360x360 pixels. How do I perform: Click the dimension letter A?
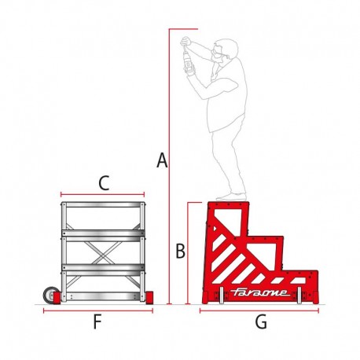162,160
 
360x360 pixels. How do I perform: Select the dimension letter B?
180,251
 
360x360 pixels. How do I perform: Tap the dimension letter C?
104,183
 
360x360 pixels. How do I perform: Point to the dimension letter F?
97,321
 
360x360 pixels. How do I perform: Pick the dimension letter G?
261,321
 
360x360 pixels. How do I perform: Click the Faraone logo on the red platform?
260,292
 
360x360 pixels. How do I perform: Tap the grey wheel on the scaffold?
50,295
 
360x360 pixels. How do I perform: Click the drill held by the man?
188,60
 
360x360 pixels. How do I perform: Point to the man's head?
225,51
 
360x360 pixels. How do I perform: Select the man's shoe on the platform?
231,197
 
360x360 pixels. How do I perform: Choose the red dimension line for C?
102,194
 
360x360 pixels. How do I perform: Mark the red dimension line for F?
98,311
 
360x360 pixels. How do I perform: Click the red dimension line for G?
259,311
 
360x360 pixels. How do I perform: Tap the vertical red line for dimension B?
188,253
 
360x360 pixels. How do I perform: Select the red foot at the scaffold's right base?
149,298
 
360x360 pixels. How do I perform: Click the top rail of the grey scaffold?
103,204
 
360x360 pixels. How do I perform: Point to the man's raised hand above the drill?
186,42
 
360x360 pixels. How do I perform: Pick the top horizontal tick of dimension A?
183,29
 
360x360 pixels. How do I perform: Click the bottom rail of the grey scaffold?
103,296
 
